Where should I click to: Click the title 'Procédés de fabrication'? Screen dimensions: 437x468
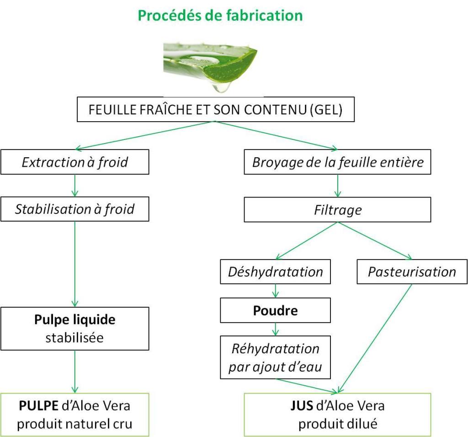(220, 16)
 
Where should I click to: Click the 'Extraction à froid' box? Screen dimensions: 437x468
(75, 162)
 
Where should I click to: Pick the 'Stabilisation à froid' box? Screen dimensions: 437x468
(75, 209)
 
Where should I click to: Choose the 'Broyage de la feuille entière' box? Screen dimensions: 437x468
(338, 162)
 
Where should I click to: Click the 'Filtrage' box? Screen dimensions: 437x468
(338, 209)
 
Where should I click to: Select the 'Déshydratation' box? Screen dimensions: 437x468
(276, 272)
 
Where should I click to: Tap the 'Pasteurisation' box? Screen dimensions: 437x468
(412, 272)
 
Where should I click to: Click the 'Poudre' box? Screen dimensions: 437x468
(276, 311)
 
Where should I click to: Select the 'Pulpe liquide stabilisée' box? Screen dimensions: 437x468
(75, 328)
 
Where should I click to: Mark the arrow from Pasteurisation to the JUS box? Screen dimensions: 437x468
(375, 338)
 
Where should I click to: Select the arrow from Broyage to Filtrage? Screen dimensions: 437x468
(338, 186)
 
